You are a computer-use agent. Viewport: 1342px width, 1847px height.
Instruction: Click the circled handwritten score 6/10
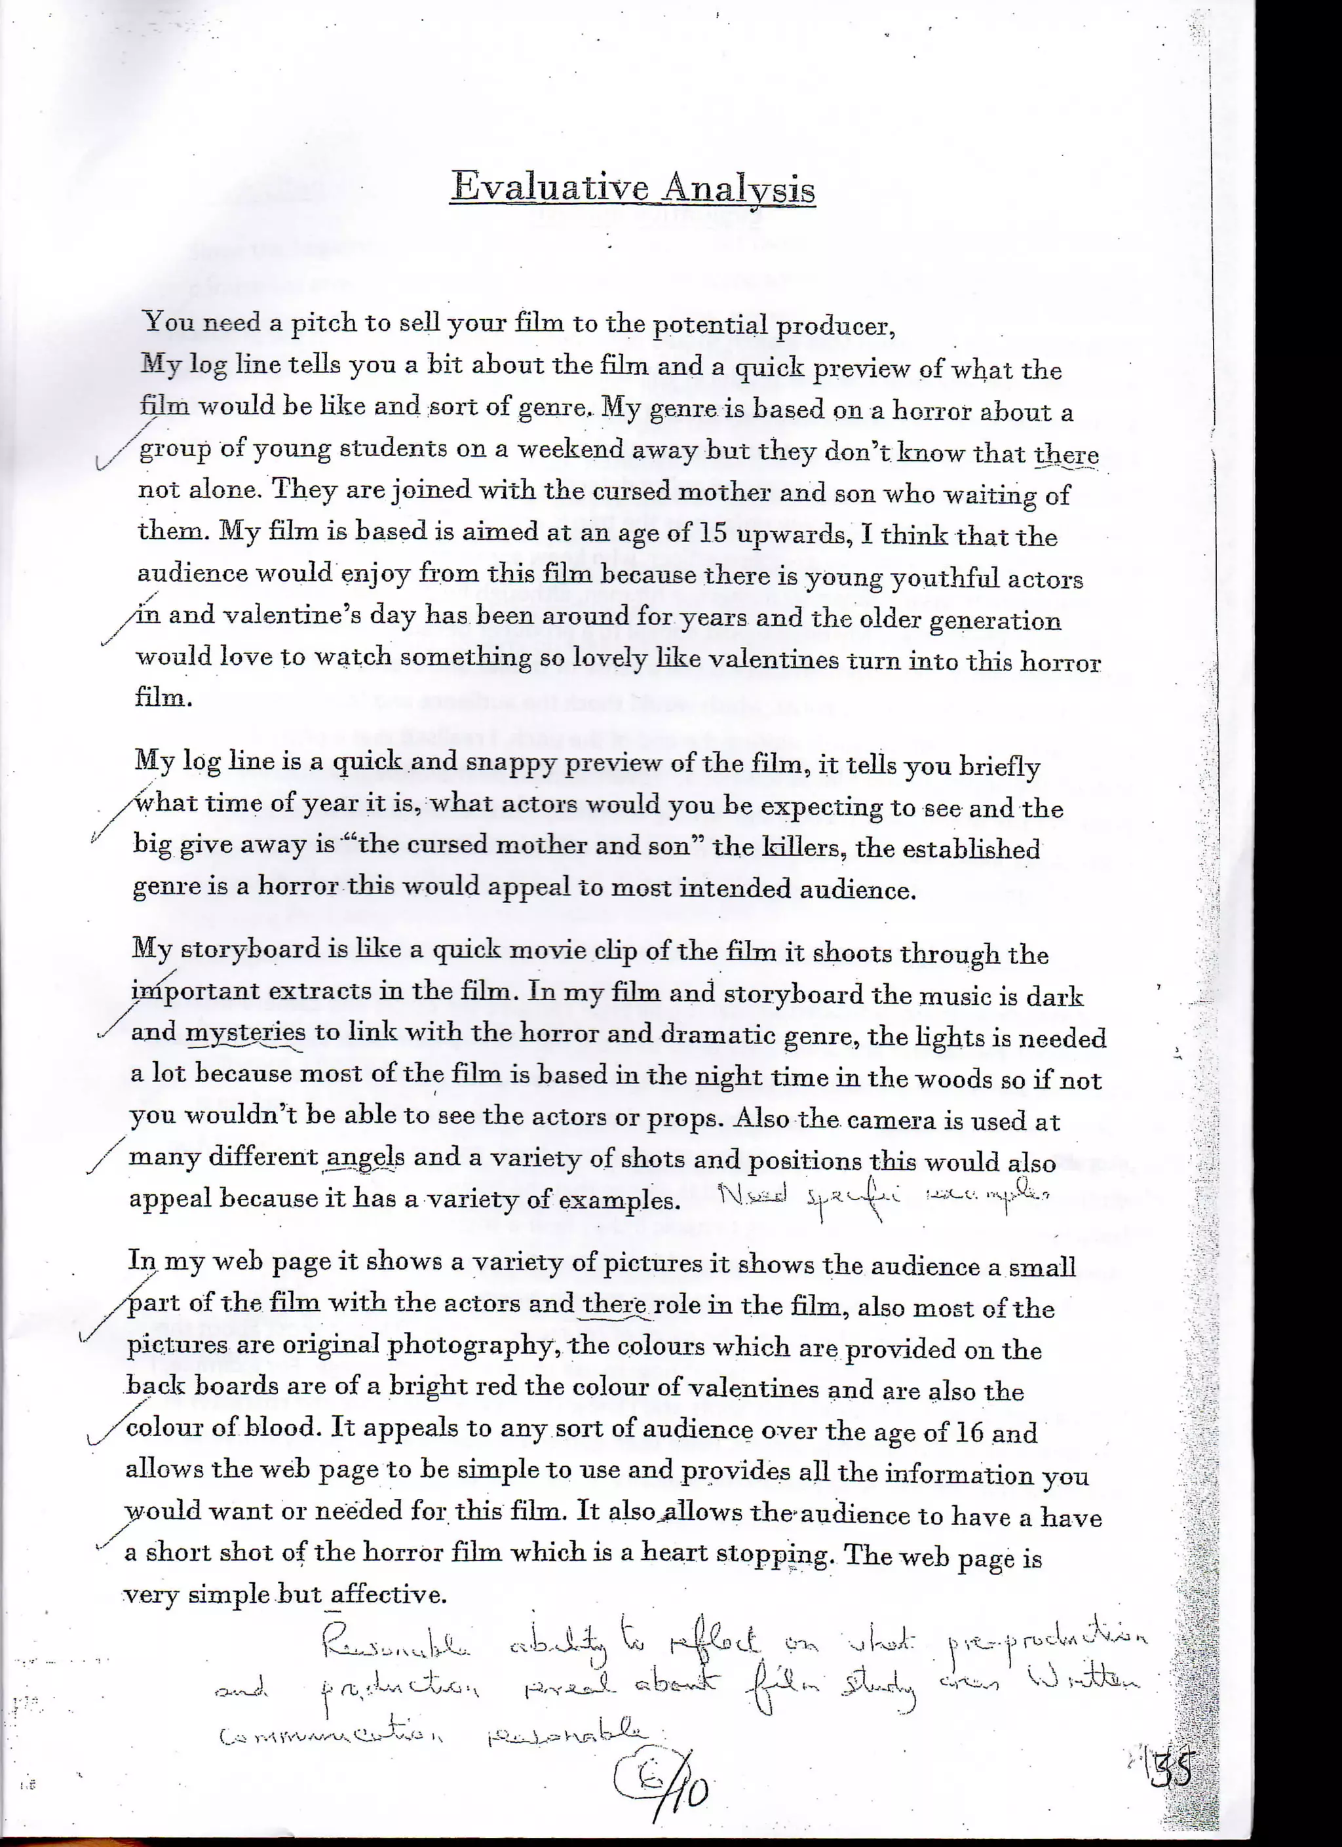click(661, 1787)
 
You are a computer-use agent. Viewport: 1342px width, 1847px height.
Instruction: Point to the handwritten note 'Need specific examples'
click(883, 1197)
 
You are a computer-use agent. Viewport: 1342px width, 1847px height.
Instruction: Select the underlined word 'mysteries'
click(246, 1032)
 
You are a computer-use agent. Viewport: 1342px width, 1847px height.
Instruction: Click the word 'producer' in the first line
click(834, 326)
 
